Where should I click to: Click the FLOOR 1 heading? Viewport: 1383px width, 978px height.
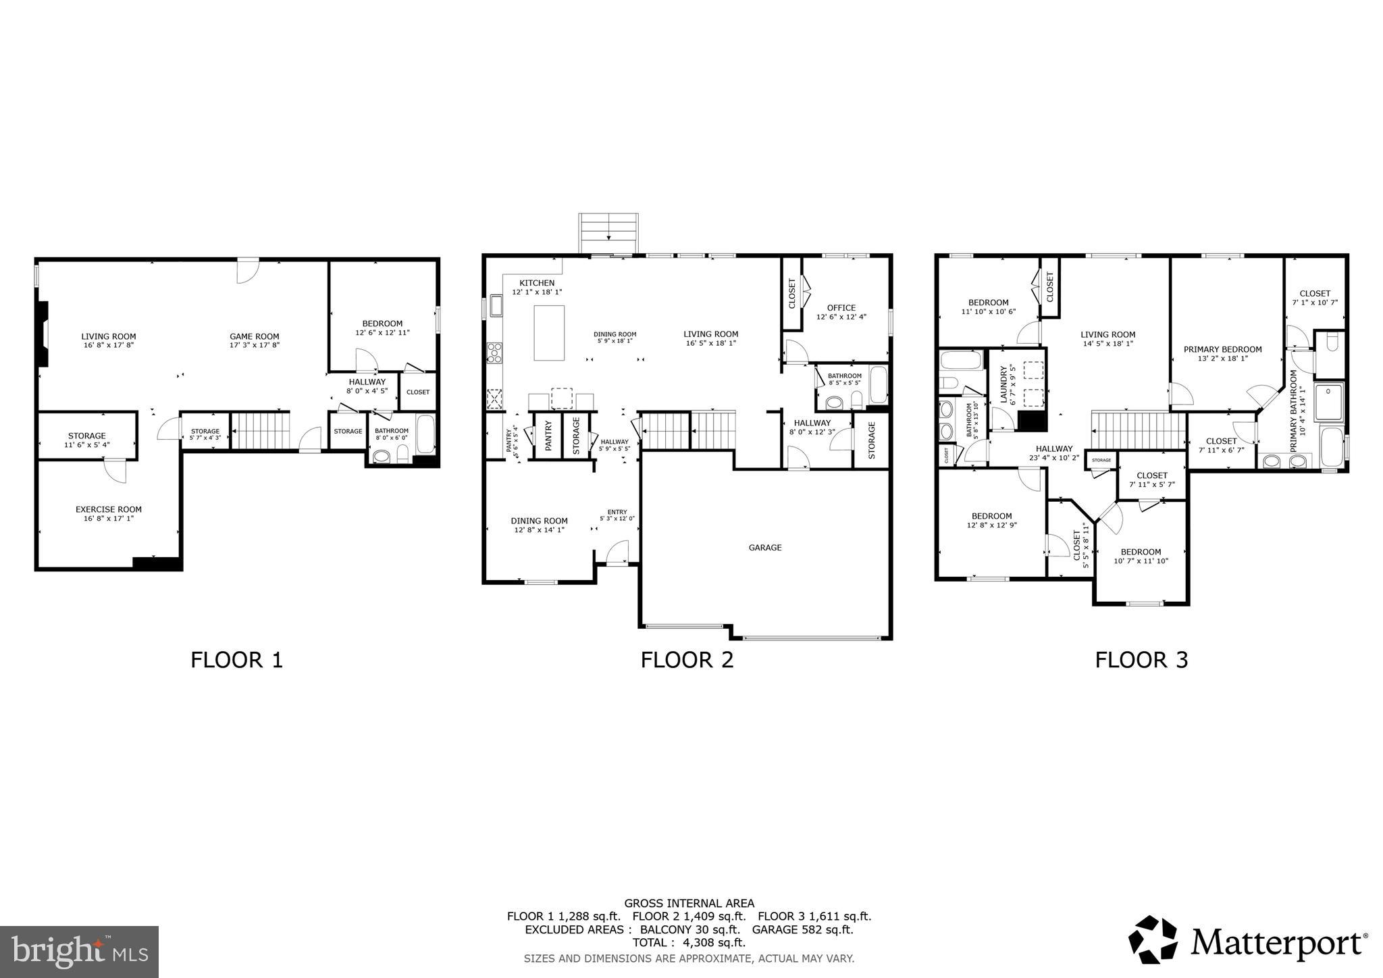[x=236, y=659]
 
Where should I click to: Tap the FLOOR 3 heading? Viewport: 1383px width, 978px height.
[x=1141, y=659]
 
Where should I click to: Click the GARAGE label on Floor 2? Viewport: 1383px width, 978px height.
[x=764, y=548]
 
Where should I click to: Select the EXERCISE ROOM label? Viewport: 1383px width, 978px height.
[x=108, y=509]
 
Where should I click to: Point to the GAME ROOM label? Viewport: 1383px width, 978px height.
[x=254, y=336]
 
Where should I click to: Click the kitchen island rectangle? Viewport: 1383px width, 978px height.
[x=549, y=332]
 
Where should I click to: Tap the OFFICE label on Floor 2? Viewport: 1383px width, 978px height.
[x=841, y=307]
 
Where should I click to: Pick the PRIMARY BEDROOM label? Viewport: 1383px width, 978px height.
[x=1222, y=349]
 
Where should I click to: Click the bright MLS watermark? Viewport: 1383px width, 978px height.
[x=80, y=952]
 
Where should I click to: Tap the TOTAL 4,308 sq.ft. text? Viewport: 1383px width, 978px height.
[x=689, y=942]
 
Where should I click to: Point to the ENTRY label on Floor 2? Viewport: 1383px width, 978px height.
[x=617, y=512]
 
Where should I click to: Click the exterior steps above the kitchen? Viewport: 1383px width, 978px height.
[x=608, y=234]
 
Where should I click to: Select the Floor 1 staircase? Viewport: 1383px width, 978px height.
[x=261, y=431]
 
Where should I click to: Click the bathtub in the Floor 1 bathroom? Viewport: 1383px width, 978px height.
[x=426, y=434]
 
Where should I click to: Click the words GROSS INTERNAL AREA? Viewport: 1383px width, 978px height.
[x=689, y=903]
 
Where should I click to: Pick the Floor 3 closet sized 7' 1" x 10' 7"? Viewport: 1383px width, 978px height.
[x=1314, y=298]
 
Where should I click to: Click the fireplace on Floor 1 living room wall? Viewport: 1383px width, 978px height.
[x=43, y=334]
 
